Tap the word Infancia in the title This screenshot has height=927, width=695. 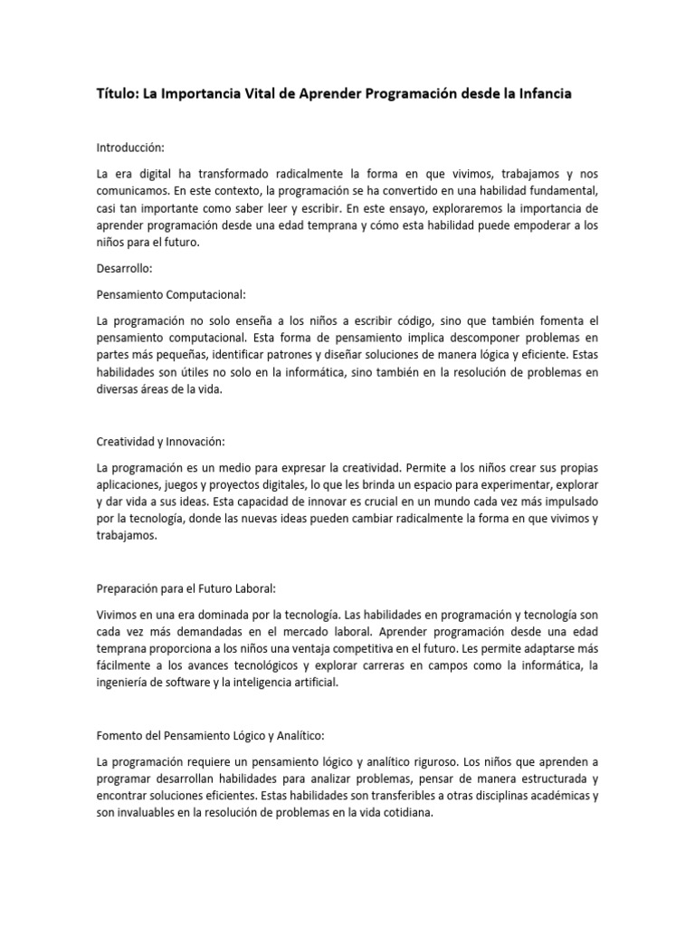coord(542,94)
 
